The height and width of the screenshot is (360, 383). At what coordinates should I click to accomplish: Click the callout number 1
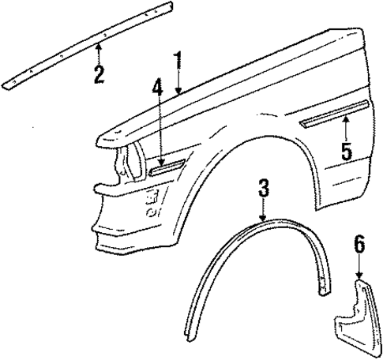tap(179, 62)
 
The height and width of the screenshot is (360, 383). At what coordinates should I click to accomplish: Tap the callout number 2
tap(99, 74)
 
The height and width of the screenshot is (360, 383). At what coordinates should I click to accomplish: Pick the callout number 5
tap(346, 150)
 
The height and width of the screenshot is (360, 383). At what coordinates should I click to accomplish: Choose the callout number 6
tap(360, 246)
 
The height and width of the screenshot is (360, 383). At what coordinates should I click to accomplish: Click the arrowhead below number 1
tap(179, 92)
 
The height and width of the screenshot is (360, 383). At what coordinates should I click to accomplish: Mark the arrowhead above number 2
tap(99, 48)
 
